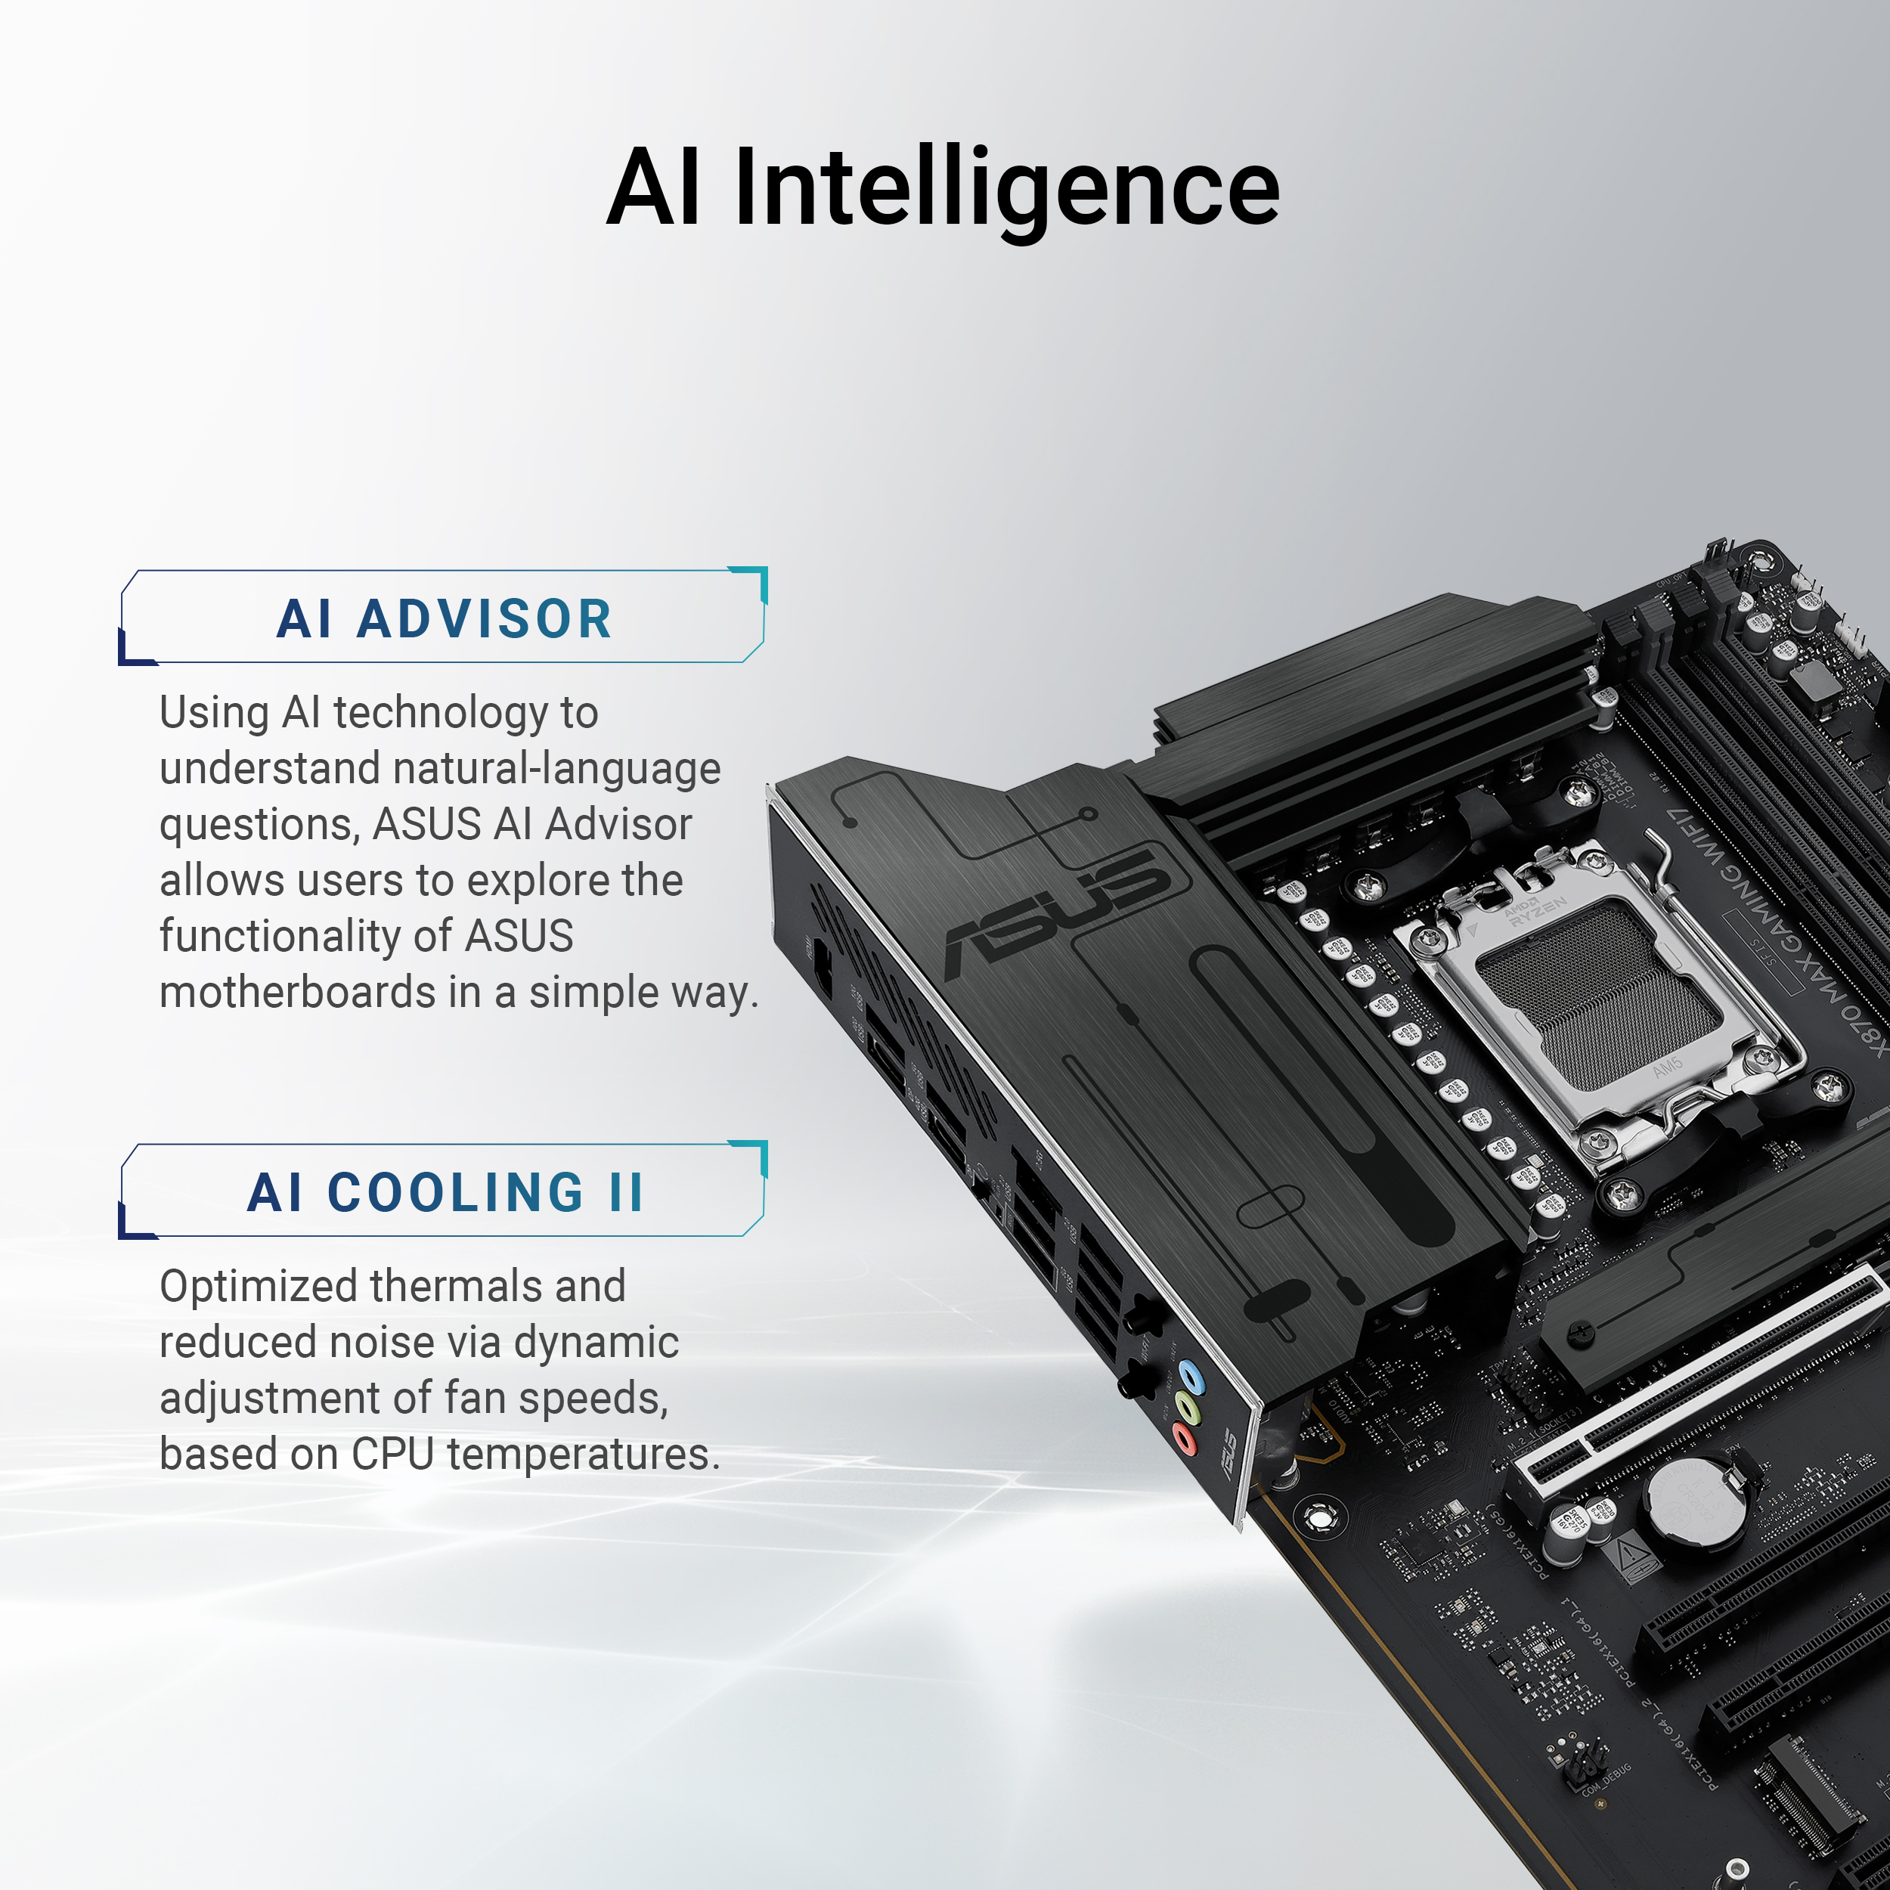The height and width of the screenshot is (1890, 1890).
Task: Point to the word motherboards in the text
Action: tap(296, 992)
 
